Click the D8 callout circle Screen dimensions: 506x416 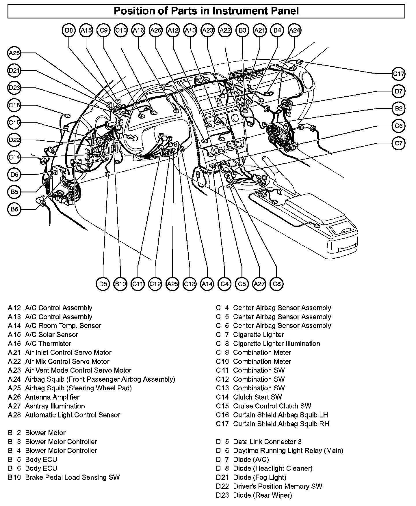69,30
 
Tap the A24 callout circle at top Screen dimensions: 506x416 295,30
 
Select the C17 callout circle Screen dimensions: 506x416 398,74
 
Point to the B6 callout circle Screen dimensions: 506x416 14,209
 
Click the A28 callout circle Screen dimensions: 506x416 14,53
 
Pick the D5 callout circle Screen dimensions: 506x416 103,284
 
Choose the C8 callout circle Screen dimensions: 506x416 276,284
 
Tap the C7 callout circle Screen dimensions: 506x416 398,143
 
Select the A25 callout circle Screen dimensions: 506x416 172,284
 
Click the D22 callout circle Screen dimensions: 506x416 14,140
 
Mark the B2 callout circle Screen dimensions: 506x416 398,108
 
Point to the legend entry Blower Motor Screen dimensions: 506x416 45,433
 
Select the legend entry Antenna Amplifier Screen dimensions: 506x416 52,397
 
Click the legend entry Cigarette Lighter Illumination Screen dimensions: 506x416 276,344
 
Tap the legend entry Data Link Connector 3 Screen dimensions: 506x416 267,442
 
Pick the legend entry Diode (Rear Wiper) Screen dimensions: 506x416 262,495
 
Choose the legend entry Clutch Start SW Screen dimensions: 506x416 257,397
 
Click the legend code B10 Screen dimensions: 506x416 14,477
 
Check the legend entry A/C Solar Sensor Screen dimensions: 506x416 51,335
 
